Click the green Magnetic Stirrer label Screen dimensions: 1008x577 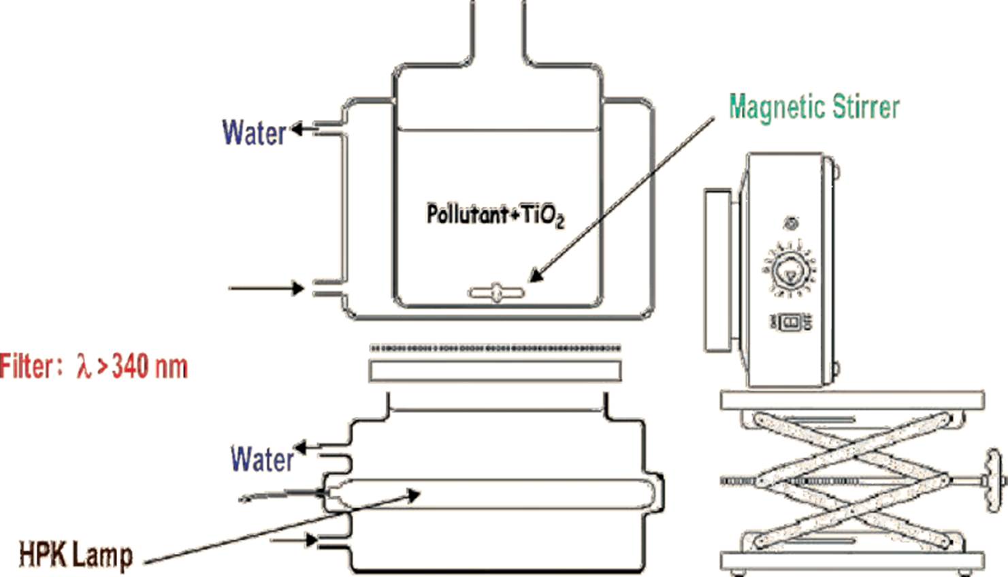pos(814,108)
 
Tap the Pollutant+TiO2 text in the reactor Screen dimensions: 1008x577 pos(495,215)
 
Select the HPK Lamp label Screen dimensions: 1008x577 pos(76,555)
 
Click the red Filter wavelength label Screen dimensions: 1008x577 pos(93,367)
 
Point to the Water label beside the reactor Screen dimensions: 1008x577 pos(254,133)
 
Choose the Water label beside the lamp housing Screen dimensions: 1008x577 pos(262,459)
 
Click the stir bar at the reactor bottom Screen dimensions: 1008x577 pos(496,293)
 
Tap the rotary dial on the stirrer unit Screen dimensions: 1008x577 pos(790,269)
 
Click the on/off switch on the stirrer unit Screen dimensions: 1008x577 pos(790,322)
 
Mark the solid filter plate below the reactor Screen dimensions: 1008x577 pos(495,371)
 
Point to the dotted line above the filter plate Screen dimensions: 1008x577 pos(495,348)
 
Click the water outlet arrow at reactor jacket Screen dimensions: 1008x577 pos(304,128)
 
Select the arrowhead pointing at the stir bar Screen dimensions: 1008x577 pos(536,275)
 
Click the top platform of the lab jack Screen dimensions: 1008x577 pos(851,400)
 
